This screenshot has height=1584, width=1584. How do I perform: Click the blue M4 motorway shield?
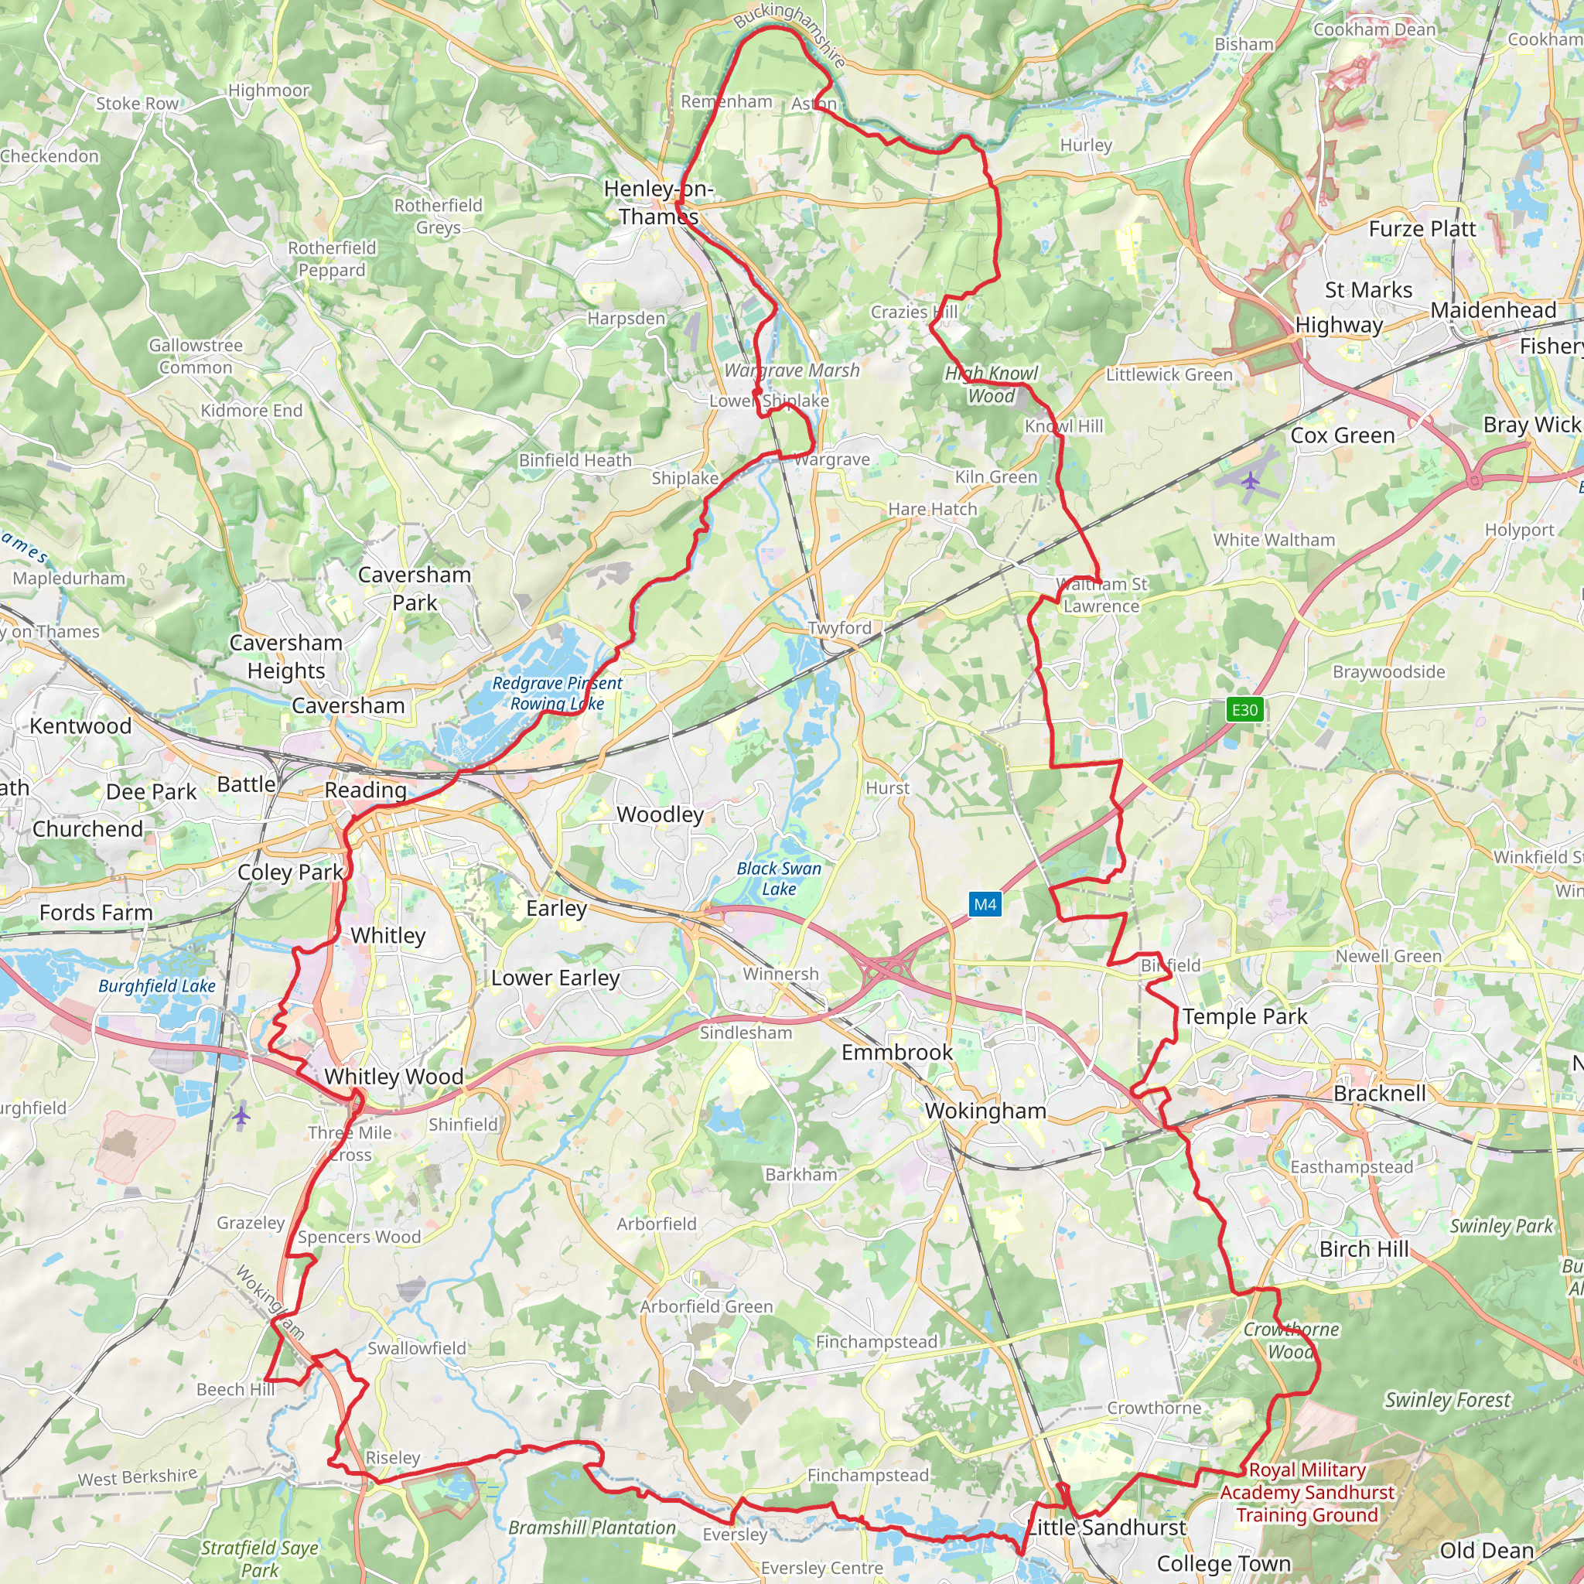click(985, 904)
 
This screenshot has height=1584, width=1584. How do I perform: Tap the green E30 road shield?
click(1244, 709)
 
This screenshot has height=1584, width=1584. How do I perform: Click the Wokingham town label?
click(985, 1111)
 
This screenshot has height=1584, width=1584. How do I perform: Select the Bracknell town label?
click(1379, 1093)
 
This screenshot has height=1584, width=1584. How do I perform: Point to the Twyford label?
click(838, 628)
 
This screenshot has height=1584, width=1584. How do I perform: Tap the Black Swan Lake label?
click(778, 878)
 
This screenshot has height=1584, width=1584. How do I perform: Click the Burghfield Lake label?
click(156, 985)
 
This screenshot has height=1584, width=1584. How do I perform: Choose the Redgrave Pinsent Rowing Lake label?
click(557, 693)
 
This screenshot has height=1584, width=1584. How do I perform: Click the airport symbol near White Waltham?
click(1250, 480)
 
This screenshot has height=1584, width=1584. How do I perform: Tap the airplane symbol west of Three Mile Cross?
click(241, 1116)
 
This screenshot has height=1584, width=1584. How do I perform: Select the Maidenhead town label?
click(1493, 310)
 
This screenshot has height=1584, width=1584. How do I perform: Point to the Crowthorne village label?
click(1153, 1408)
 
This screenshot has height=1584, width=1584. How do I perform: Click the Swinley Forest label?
click(1447, 1399)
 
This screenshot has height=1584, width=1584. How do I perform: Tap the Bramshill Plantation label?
click(592, 1528)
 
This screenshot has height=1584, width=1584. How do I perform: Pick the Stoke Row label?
click(137, 104)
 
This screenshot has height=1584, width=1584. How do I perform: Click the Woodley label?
click(660, 814)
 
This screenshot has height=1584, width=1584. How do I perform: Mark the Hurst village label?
click(887, 788)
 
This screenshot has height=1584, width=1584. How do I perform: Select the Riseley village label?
click(393, 1458)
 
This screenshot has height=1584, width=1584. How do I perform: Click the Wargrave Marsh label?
click(791, 370)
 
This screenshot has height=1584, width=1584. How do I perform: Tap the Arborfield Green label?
click(706, 1306)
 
